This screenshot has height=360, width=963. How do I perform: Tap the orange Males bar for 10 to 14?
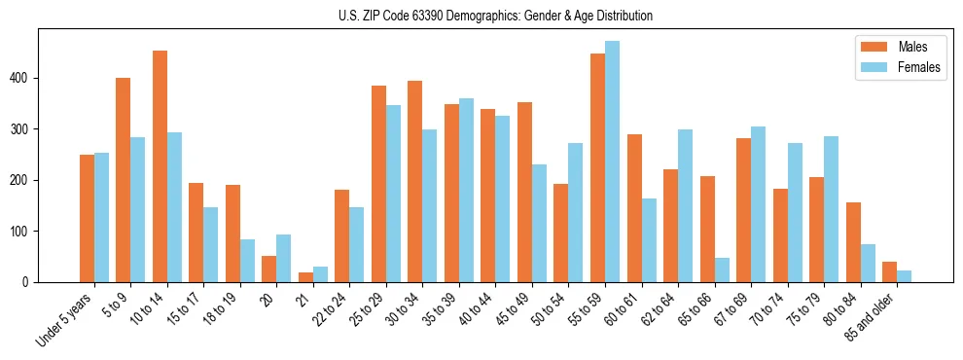tap(160, 166)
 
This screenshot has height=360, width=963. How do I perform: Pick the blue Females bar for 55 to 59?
tap(612, 162)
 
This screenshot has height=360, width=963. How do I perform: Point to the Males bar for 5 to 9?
tap(124, 180)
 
